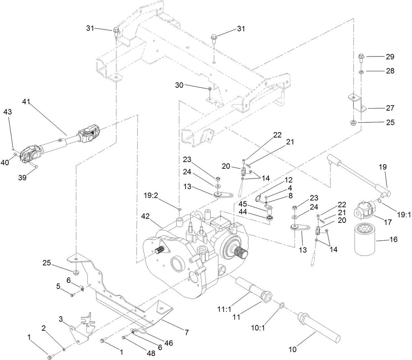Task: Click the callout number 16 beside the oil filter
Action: tap(393, 239)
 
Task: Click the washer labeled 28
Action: tap(361, 72)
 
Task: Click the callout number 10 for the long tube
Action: tap(293, 349)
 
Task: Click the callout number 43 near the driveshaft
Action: tap(8, 112)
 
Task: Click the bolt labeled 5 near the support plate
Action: tap(72, 295)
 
